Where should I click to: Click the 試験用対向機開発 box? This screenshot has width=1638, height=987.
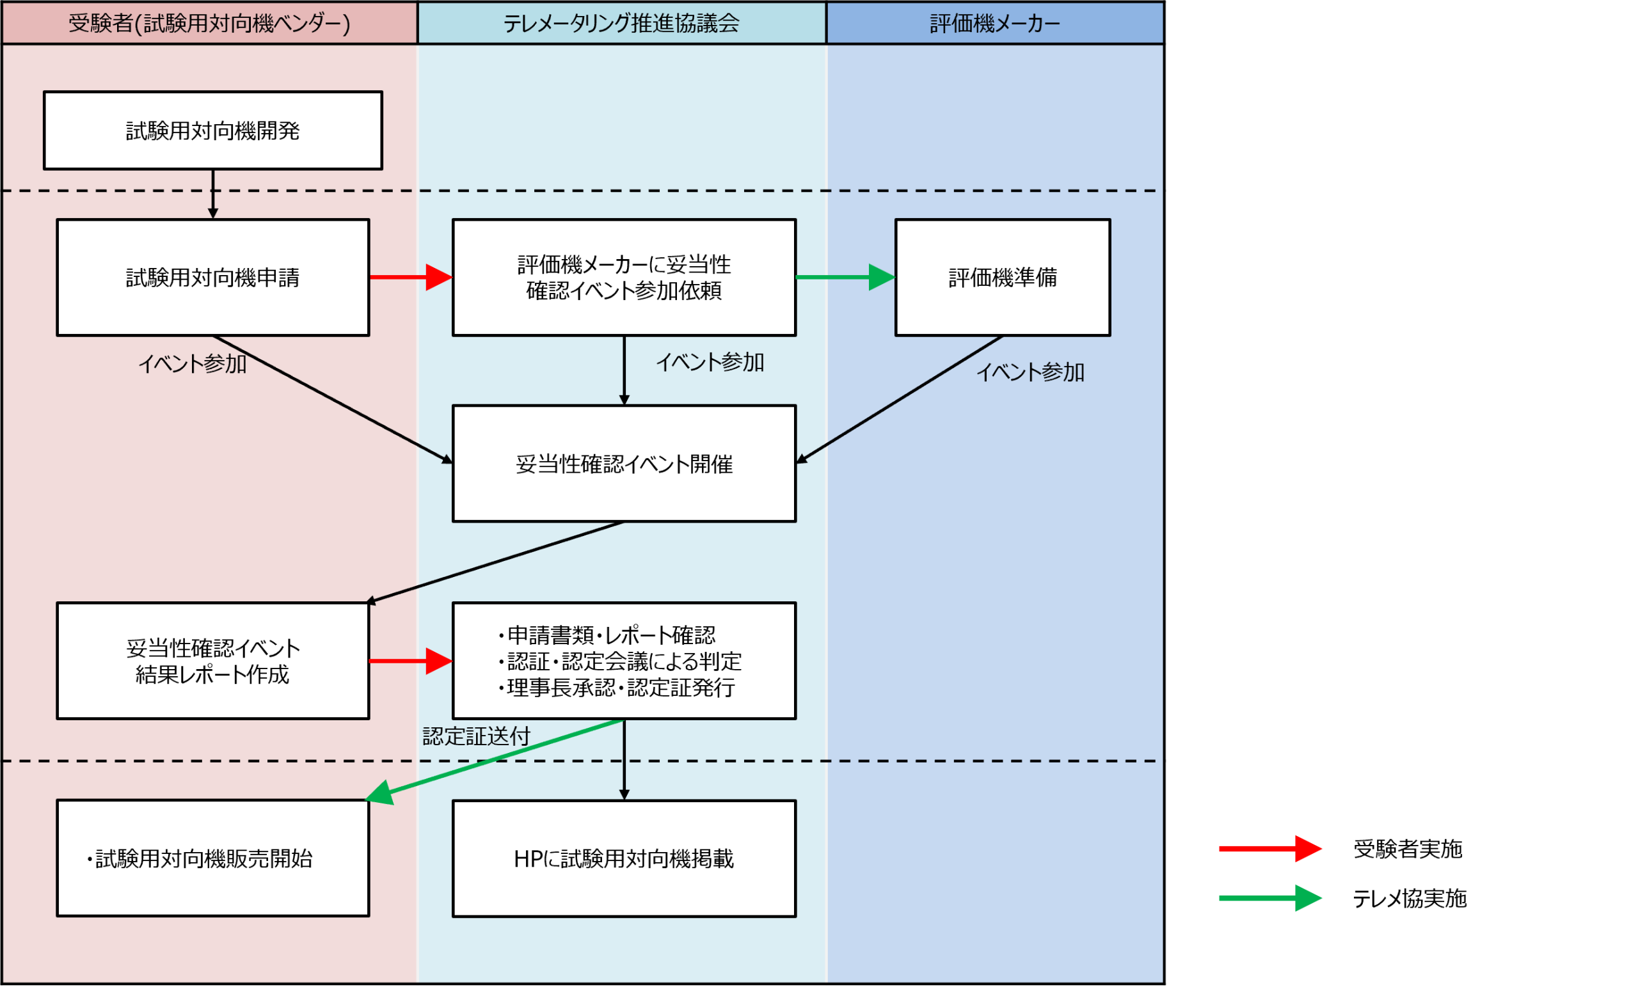click(x=212, y=130)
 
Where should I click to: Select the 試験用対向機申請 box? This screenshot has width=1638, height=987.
click(x=212, y=277)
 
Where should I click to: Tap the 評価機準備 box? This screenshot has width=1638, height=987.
click(x=1003, y=277)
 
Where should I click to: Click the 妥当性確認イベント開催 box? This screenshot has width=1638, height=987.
click(x=624, y=463)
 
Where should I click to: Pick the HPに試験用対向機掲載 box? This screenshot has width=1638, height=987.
click(x=624, y=858)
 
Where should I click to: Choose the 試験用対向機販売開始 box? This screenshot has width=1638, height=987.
click(x=212, y=858)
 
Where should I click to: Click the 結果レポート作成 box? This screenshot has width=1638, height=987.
click(x=212, y=661)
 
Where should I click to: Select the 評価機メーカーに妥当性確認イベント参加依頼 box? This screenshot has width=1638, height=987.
click(x=624, y=277)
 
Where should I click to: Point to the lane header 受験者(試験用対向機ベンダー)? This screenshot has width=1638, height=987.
click(x=209, y=23)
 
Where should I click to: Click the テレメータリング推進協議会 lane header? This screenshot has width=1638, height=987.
click(x=621, y=23)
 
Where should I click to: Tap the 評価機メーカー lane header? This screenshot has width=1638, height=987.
click(x=994, y=23)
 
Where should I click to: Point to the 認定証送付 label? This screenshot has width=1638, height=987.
click(x=476, y=736)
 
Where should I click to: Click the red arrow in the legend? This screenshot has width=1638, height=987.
click(x=1269, y=848)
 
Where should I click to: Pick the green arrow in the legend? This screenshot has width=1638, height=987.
click(x=1269, y=898)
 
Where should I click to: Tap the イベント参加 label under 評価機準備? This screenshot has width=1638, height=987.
click(x=1030, y=372)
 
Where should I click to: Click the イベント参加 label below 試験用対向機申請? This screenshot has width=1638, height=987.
click(x=192, y=363)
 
